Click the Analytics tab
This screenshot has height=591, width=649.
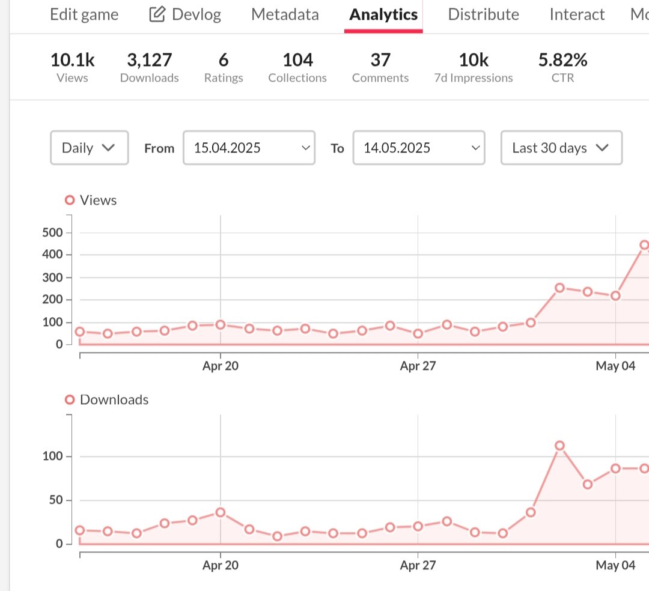383,14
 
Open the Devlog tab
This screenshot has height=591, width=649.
185,14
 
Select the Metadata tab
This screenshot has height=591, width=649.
285,14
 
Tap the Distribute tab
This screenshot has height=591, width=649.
483,14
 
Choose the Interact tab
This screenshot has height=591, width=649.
577,14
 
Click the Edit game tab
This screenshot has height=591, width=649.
84,14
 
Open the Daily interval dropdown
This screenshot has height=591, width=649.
89,148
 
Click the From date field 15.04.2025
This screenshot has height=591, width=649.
249,148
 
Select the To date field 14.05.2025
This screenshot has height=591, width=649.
418,148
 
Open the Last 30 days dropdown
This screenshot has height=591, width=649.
561,148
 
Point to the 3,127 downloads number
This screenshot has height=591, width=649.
149,60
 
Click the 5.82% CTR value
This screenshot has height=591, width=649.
562,60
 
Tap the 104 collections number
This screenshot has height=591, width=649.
297,60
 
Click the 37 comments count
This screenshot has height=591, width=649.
380,60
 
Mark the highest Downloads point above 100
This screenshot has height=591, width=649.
559,446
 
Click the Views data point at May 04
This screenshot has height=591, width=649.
615,295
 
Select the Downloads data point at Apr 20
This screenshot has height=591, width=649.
221,512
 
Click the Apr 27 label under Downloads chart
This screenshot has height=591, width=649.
418,565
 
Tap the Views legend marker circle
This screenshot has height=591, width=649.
70,200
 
